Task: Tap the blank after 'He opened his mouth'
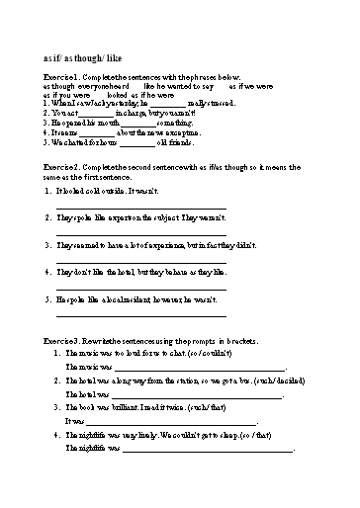click(x=136, y=123)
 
